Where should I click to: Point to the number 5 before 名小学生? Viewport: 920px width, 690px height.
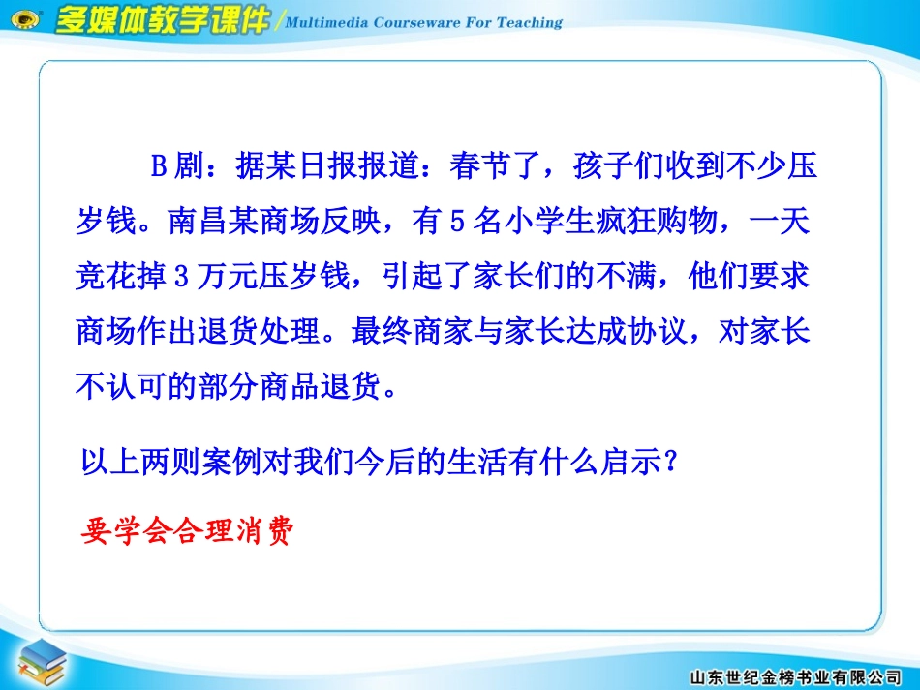point(459,223)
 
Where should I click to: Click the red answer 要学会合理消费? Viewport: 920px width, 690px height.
point(187,531)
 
